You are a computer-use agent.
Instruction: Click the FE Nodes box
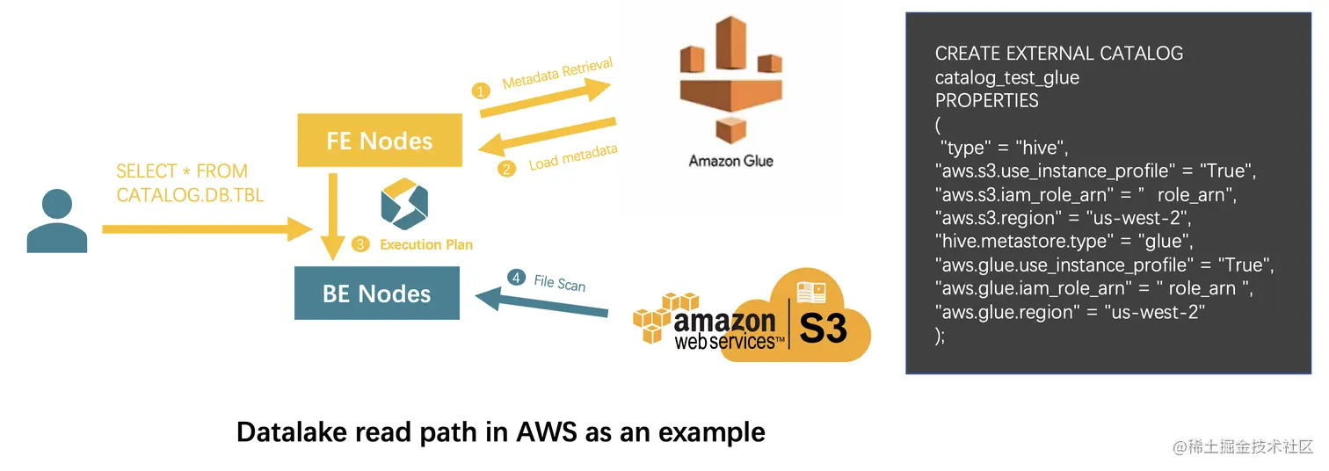click(380, 141)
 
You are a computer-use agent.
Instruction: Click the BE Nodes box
click(376, 293)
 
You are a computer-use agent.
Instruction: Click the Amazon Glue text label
click(730, 161)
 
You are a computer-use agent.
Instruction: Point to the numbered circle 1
click(481, 91)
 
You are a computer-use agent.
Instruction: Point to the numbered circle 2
click(505, 169)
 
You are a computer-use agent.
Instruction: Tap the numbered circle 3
click(359, 245)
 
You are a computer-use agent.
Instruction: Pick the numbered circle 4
click(516, 278)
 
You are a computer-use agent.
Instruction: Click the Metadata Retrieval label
click(557, 74)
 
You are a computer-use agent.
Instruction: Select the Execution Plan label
click(426, 245)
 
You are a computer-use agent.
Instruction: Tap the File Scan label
click(559, 282)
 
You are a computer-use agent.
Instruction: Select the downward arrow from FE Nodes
click(332, 215)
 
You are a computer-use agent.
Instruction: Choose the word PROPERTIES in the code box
click(986, 100)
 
